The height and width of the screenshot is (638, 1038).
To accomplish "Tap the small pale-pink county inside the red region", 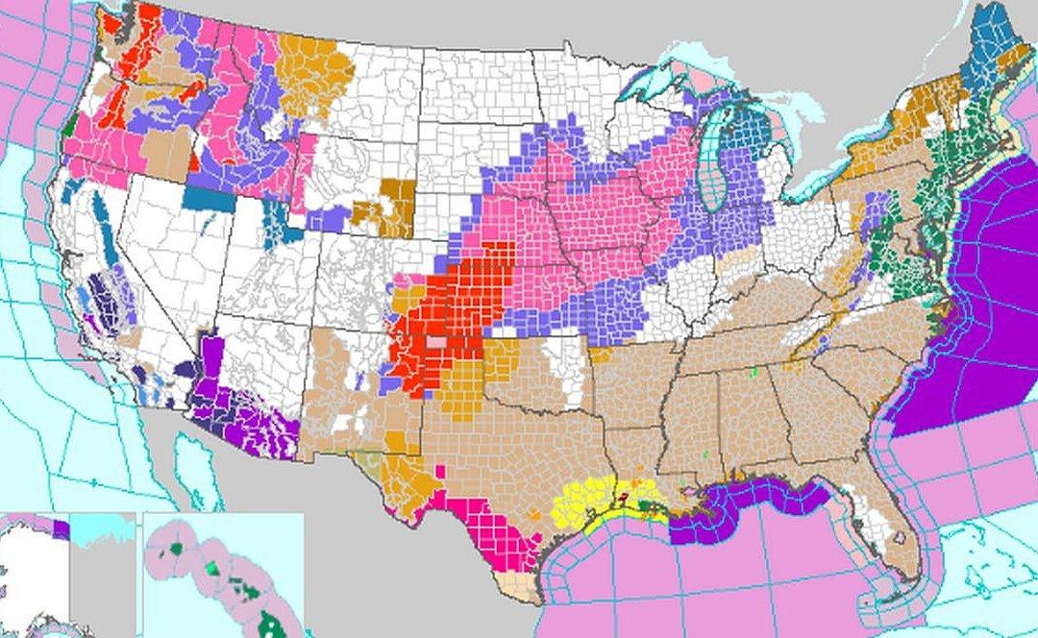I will [x=436, y=341].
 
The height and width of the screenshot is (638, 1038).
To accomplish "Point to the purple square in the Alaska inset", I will [x=62, y=528].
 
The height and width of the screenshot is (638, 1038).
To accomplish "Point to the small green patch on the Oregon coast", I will [x=72, y=125].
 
